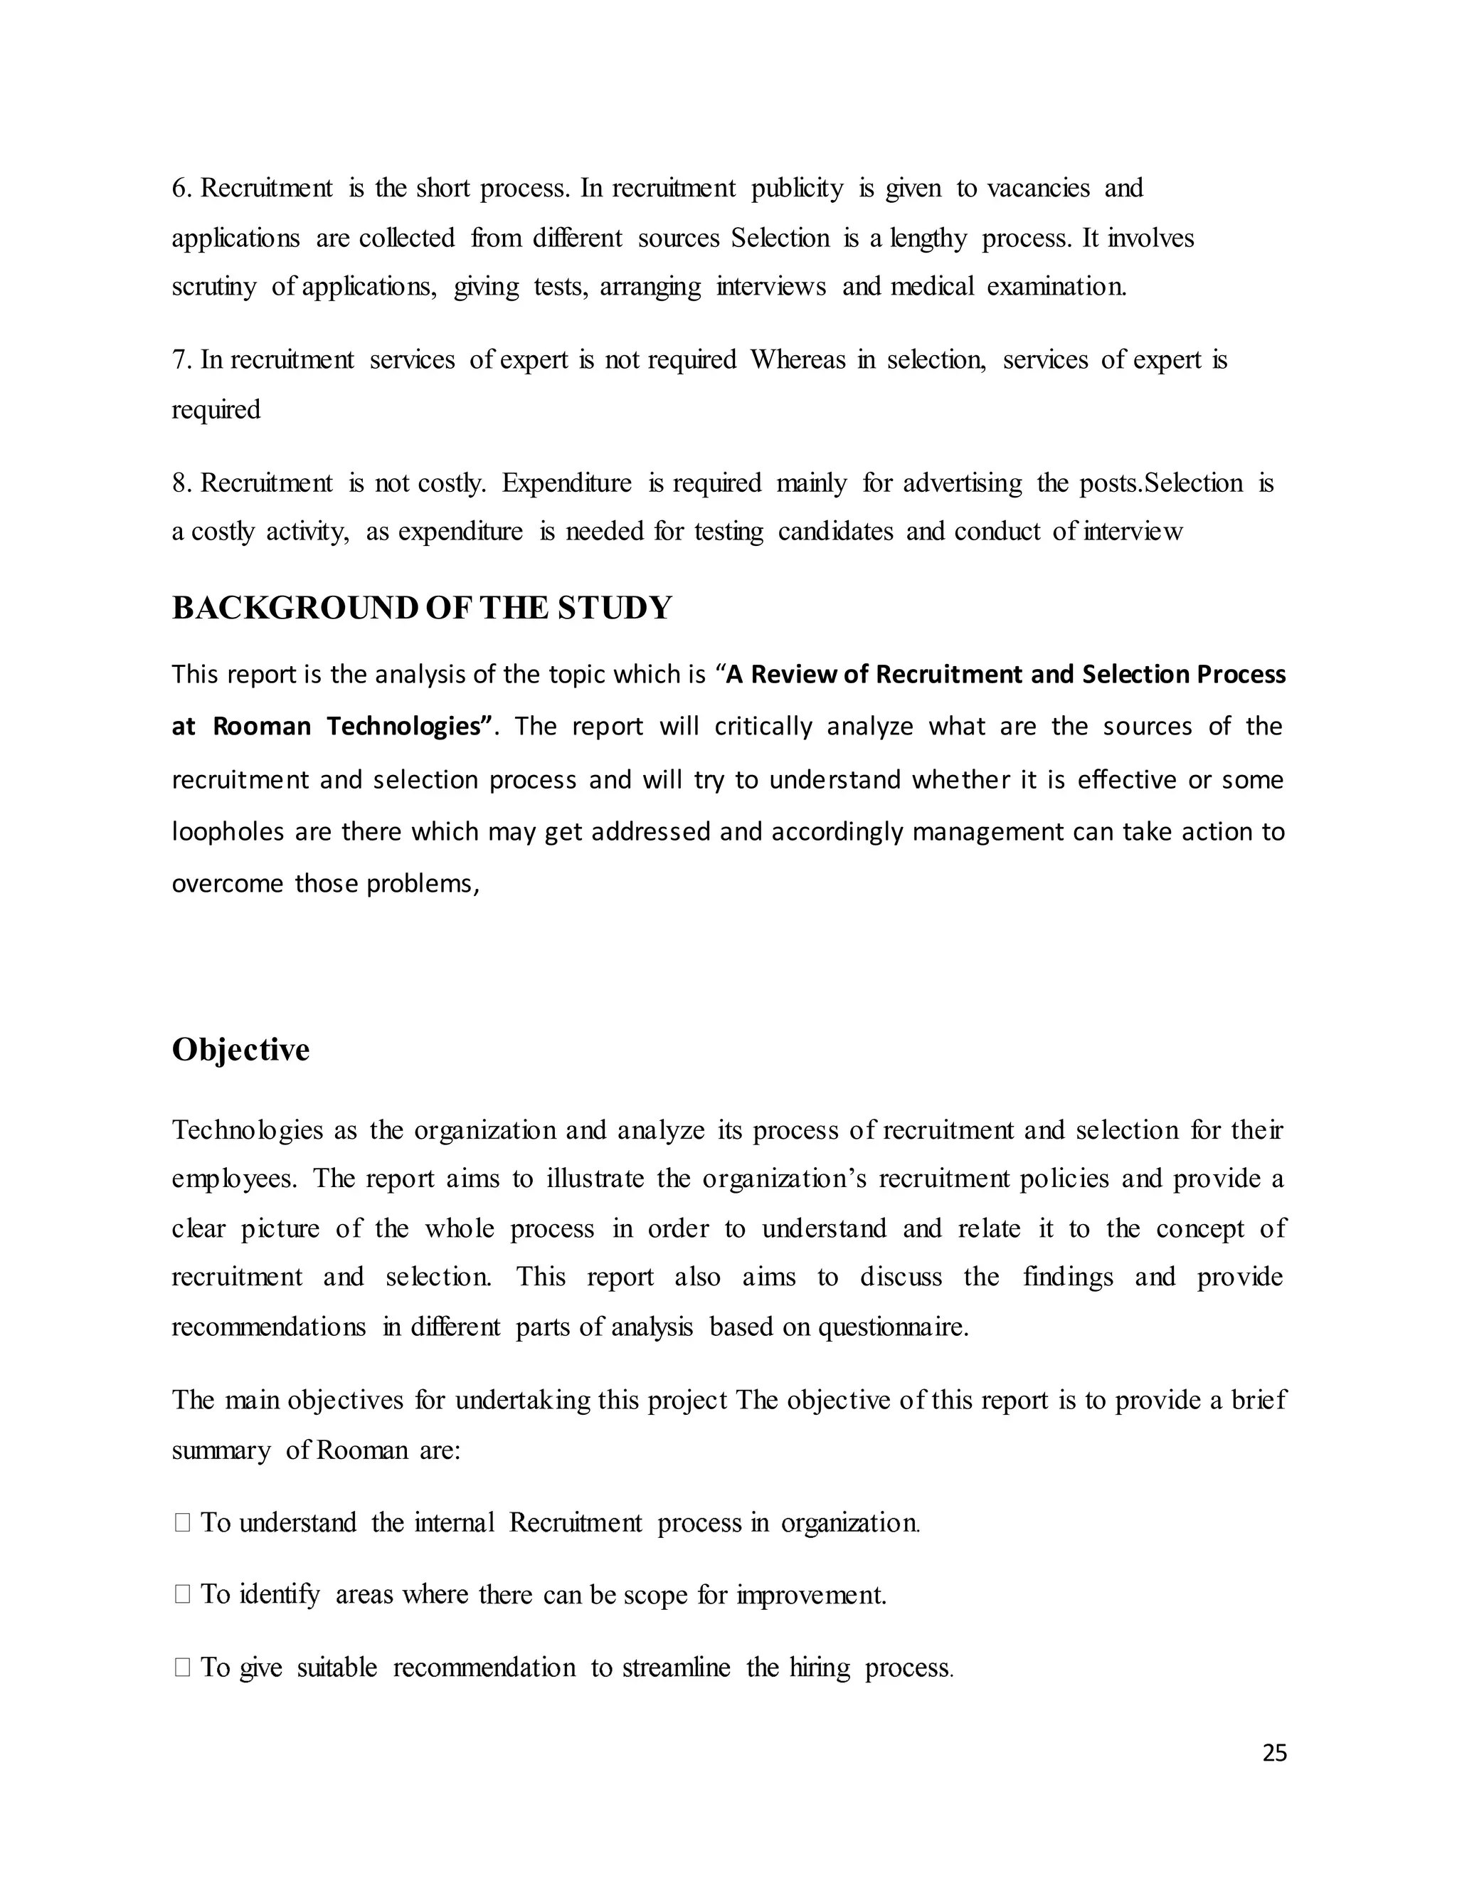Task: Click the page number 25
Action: pos(1274,1753)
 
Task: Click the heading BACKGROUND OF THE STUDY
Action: pos(421,608)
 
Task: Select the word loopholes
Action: pos(228,831)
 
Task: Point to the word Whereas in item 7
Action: pos(798,360)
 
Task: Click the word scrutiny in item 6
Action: pos(214,287)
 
